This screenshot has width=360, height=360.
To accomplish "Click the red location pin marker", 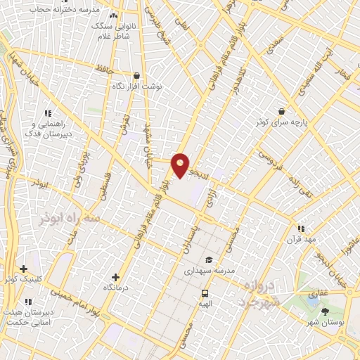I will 181,165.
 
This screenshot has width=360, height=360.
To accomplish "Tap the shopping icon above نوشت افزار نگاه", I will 136,75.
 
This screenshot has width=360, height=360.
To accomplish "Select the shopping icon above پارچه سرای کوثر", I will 281,111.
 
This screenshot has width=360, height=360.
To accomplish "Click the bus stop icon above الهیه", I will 205,293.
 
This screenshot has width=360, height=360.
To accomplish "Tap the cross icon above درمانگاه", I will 115,278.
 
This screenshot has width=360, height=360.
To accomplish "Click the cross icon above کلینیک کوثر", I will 24,269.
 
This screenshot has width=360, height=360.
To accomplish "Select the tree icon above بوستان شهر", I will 324,311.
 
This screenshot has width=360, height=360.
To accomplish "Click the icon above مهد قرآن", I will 301,229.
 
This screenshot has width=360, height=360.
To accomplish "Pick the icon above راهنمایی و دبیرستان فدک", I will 48,112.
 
